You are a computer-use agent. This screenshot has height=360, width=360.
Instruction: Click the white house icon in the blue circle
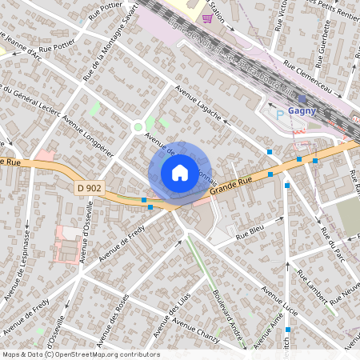(179, 172)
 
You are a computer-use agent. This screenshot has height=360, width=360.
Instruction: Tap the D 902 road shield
(90, 188)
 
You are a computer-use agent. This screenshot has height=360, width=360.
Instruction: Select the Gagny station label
(302, 111)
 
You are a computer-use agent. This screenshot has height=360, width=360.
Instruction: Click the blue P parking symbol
(279, 115)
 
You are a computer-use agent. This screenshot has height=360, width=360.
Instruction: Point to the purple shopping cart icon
(208, 18)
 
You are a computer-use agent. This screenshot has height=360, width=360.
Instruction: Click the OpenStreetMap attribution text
(81, 354)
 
